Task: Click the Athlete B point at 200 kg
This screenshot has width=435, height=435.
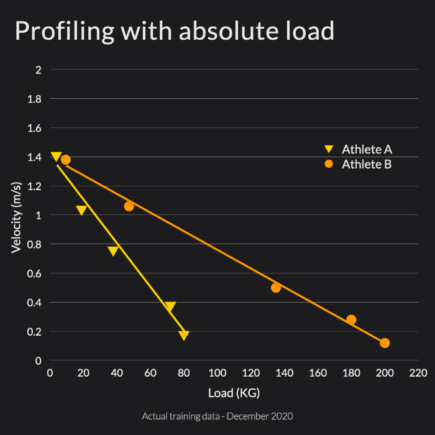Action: pyautogui.click(x=385, y=343)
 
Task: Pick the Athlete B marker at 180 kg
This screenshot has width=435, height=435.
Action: pyautogui.click(x=351, y=320)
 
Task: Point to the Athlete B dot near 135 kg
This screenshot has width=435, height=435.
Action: pyautogui.click(x=276, y=288)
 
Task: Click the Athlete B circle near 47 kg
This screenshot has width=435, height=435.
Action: pyautogui.click(x=129, y=206)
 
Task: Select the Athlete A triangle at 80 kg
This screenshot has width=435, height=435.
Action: pyautogui.click(x=184, y=336)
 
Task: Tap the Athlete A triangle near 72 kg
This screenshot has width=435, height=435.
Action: pyautogui.click(x=170, y=306)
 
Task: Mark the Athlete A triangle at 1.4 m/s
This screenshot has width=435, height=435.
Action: pyautogui.click(x=56, y=157)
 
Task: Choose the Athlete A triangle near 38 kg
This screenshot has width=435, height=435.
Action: pyautogui.click(x=113, y=251)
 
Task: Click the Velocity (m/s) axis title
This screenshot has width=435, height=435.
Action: pyautogui.click(x=17, y=215)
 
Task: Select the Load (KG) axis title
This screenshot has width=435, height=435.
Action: pyautogui.click(x=234, y=393)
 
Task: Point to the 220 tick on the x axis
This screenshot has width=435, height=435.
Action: pyautogui.click(x=418, y=373)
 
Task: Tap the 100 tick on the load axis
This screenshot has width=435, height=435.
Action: pyautogui.click(x=217, y=373)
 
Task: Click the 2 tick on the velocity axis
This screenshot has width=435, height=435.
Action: pyautogui.click(x=39, y=70)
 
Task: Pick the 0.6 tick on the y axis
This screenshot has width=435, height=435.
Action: pyautogui.click(x=34, y=273)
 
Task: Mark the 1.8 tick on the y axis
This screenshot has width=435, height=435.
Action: pyautogui.click(x=34, y=99)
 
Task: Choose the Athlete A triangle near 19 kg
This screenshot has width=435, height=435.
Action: pyautogui.click(x=81, y=211)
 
